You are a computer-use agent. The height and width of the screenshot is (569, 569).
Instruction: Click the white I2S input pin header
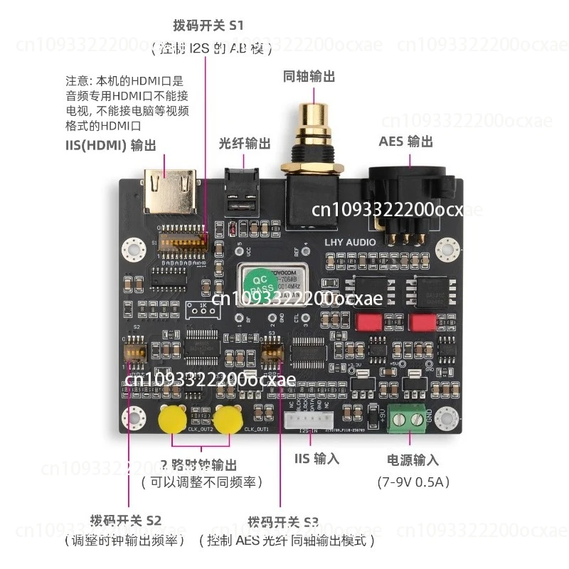[x=307, y=419]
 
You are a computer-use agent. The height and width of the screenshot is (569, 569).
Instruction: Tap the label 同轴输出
[x=309, y=76]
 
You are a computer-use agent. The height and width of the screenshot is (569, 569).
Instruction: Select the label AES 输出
[x=405, y=142]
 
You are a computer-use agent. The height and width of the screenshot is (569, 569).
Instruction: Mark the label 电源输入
[x=413, y=460]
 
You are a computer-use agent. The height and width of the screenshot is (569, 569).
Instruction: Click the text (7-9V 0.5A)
[x=413, y=482]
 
